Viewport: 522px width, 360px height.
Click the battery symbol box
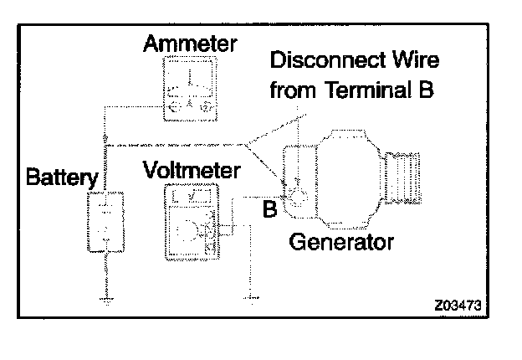106,221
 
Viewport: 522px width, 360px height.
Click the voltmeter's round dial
191,229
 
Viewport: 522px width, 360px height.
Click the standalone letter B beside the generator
269,209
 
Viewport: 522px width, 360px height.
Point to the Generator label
340,244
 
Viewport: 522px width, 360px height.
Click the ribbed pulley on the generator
404,180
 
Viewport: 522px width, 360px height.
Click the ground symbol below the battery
106,297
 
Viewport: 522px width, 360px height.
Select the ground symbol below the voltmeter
249,294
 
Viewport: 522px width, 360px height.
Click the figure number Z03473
459,304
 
